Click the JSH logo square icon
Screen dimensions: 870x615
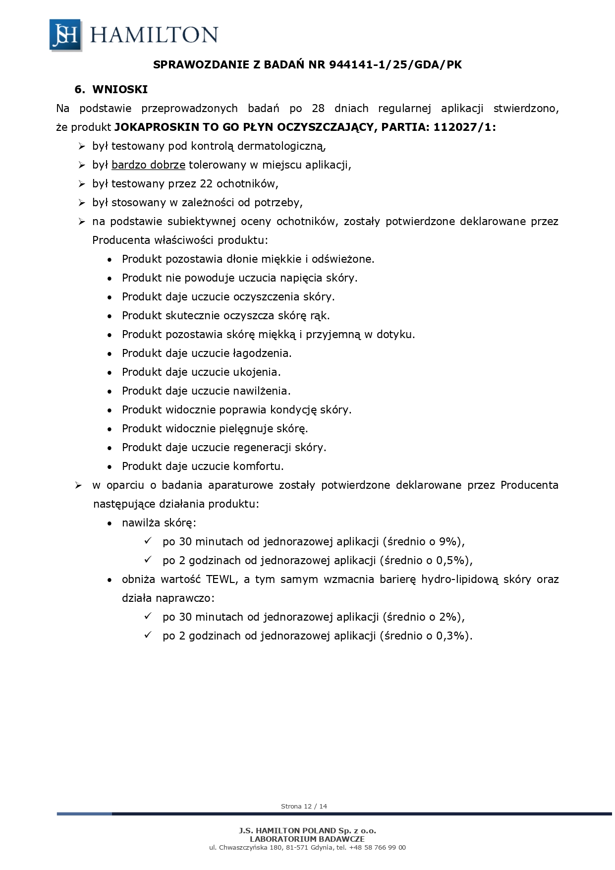click(65, 35)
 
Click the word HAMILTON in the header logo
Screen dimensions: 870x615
click(154, 35)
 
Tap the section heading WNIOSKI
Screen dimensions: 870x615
click(120, 90)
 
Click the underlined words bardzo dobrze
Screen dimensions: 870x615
click(148, 165)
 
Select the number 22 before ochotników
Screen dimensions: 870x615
click(206, 183)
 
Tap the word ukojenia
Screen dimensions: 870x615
click(256, 372)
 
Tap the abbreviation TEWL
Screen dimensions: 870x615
click(222, 579)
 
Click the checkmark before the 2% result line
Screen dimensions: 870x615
click(148, 616)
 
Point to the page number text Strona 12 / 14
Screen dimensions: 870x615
click(304, 806)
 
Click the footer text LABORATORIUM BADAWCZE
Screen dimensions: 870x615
click(307, 839)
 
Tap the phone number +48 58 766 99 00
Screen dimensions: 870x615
click(377, 847)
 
